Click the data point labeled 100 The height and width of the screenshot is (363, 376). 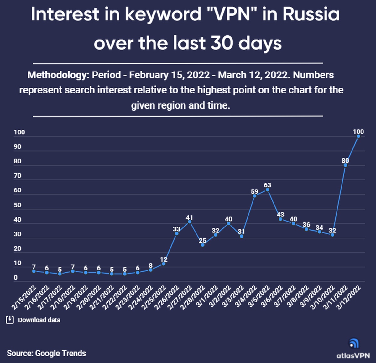[358, 136]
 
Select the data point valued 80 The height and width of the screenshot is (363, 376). [345, 165]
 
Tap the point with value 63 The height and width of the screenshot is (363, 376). [267, 190]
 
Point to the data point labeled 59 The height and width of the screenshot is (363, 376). [254, 196]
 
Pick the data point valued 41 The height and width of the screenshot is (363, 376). [190, 222]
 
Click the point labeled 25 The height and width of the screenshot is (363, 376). [203, 245]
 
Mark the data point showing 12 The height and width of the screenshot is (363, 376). [164, 264]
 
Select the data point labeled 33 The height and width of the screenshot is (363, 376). [177, 233]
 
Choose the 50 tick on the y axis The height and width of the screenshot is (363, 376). [18, 205]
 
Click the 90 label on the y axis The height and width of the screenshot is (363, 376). [18, 147]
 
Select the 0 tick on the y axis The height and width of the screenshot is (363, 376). [16, 278]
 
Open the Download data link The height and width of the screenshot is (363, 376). [39, 320]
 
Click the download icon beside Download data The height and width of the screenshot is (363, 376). [10, 320]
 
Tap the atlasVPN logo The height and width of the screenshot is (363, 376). [353, 348]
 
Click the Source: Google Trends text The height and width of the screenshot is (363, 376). [46, 353]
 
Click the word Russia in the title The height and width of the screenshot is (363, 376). [311, 14]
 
